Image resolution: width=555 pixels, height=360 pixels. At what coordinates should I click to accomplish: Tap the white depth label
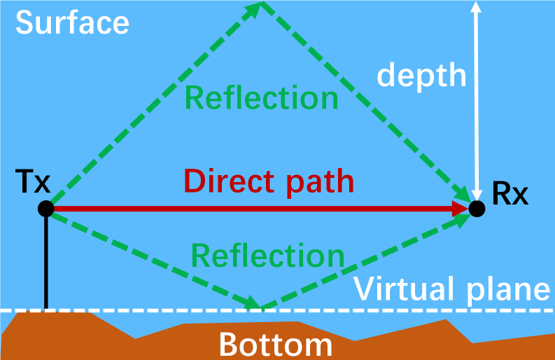point(421,74)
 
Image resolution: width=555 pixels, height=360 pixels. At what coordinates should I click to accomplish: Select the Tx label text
point(33,184)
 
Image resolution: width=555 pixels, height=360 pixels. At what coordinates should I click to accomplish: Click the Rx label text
point(510,193)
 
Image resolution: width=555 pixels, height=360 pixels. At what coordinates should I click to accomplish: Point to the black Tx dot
point(46,208)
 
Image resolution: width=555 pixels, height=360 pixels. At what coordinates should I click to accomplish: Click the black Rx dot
point(477,208)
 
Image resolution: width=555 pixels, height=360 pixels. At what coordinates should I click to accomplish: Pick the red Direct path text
point(269,181)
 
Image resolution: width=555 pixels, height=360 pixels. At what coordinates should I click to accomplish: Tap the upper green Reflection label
point(262,98)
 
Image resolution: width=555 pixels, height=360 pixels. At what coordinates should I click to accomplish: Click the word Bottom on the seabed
point(275,345)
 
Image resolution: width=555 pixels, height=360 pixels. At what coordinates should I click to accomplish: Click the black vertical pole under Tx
point(46,263)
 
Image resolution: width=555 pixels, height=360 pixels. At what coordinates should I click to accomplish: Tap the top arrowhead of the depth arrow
point(477,8)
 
